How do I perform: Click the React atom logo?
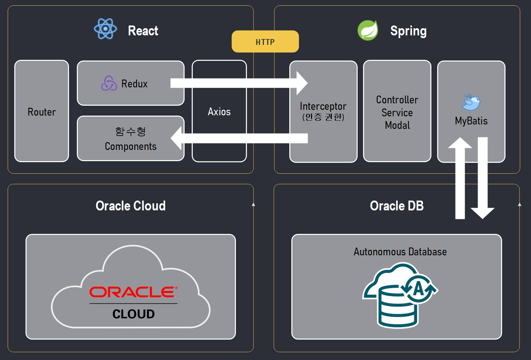point(105,29)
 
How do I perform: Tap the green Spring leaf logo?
point(368,30)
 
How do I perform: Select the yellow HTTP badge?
point(265,41)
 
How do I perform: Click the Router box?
point(42,111)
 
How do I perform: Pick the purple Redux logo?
point(109,83)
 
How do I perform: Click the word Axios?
point(219,112)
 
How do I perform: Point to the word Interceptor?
point(323,106)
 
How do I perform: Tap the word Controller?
point(397,100)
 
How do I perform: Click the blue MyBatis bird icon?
point(471,102)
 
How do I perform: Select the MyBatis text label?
point(471,121)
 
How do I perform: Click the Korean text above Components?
point(131,132)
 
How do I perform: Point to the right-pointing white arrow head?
point(302,83)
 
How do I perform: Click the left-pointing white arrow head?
point(176,138)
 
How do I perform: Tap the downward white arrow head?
point(482,213)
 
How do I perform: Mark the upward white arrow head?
point(460,143)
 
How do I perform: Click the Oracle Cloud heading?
point(131,206)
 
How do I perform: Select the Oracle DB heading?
point(397,206)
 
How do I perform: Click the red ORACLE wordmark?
point(134,292)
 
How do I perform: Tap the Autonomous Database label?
point(400,252)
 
